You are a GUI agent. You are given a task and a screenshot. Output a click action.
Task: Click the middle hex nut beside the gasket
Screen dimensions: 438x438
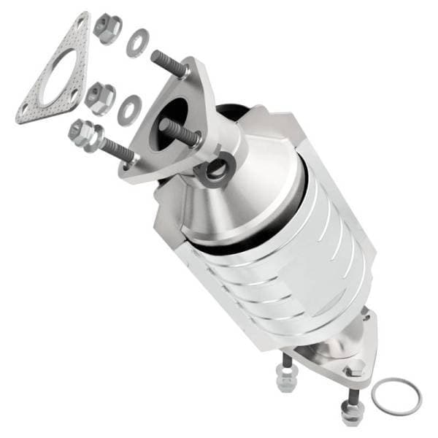click(x=99, y=96)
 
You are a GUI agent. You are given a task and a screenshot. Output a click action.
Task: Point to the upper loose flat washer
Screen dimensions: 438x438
click(x=135, y=43)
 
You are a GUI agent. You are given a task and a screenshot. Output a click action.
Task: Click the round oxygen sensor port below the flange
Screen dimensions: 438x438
click(x=216, y=172)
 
